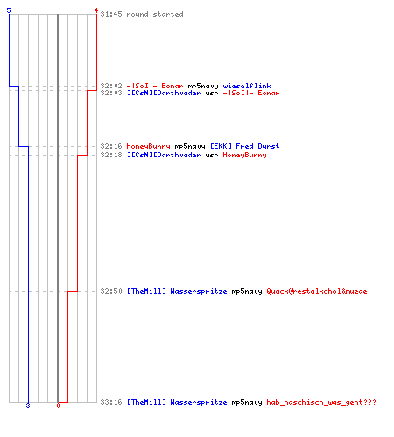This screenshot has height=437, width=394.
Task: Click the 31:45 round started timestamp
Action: click(x=111, y=14)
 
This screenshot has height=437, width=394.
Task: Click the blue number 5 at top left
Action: click(x=9, y=10)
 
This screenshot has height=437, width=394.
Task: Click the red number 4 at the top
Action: click(x=95, y=10)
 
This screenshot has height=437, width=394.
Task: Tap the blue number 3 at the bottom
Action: click(x=28, y=406)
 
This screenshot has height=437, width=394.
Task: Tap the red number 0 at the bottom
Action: click(x=58, y=406)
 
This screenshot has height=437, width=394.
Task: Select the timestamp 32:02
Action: click(x=111, y=86)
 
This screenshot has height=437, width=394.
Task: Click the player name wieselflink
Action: click(x=247, y=86)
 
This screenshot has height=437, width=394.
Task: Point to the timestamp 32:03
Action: click(x=111, y=93)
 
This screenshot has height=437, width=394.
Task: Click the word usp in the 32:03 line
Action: click(x=212, y=94)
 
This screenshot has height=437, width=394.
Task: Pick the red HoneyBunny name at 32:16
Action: click(x=148, y=146)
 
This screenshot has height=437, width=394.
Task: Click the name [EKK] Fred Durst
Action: click(x=245, y=146)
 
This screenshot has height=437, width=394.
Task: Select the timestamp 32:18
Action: click(x=111, y=155)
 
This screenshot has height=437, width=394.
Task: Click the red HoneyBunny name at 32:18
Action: click(x=244, y=155)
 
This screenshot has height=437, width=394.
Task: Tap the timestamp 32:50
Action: click(x=111, y=291)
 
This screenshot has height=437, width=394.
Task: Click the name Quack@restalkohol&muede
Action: click(x=317, y=291)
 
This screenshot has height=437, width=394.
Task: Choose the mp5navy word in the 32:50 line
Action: click(x=247, y=291)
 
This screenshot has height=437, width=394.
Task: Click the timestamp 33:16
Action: click(x=111, y=402)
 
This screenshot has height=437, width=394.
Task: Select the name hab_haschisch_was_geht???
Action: click(x=321, y=402)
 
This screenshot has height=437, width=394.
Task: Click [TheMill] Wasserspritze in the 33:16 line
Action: click(x=177, y=402)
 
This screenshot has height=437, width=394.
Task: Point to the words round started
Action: click(x=155, y=14)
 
